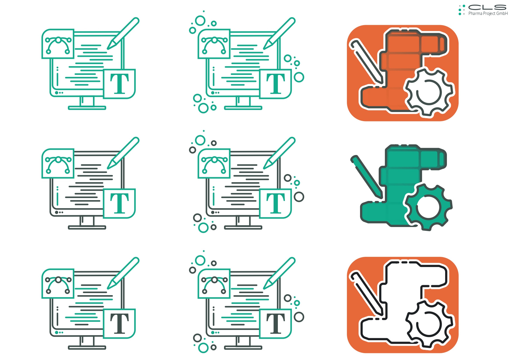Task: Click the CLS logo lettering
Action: [x=487, y=7]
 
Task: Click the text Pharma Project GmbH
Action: [x=488, y=13]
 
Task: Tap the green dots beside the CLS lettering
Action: [x=462, y=10]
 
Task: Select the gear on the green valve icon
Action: [x=428, y=207]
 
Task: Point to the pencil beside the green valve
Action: [x=367, y=177]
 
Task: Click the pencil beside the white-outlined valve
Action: [x=367, y=294]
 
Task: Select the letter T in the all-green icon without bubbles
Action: [x=119, y=84]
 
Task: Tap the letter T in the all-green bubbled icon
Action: [x=276, y=84]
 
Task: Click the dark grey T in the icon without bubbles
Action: [x=119, y=324]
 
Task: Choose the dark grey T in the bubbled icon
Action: [x=276, y=324]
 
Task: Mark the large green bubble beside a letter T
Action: [x=299, y=77]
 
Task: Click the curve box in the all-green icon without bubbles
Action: [x=58, y=44]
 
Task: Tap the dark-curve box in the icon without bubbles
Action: [x=58, y=284]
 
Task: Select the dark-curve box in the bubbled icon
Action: [x=214, y=284]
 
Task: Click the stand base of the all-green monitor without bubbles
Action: [x=87, y=108]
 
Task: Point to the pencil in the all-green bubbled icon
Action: [x=279, y=33]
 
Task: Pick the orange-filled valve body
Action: [x=404, y=70]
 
